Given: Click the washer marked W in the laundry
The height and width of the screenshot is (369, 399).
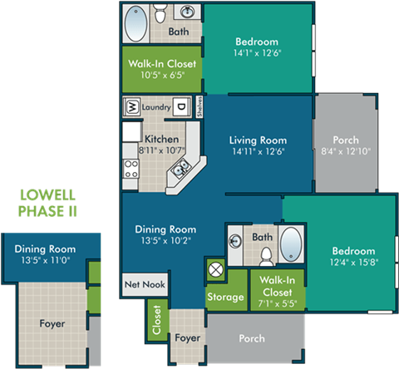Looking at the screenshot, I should pyautogui.click(x=131, y=106).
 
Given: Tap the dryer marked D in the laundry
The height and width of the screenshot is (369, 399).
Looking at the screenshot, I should pyautogui.click(x=180, y=106).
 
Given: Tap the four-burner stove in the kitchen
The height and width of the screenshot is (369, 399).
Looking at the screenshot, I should pyautogui.click(x=131, y=170).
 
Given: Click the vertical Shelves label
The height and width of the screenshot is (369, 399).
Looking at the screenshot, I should pyautogui.click(x=200, y=106).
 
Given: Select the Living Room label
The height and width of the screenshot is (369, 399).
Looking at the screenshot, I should pyautogui.click(x=258, y=140).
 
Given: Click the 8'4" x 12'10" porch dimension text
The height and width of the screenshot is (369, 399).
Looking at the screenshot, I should pyautogui.click(x=346, y=151).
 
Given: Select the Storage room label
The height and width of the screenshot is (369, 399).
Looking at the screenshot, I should pyautogui.click(x=225, y=297).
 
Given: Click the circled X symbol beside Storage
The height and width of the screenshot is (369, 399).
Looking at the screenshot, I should pyautogui.click(x=216, y=269).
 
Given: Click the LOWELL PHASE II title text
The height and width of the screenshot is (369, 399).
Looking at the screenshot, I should pyautogui.click(x=47, y=204).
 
